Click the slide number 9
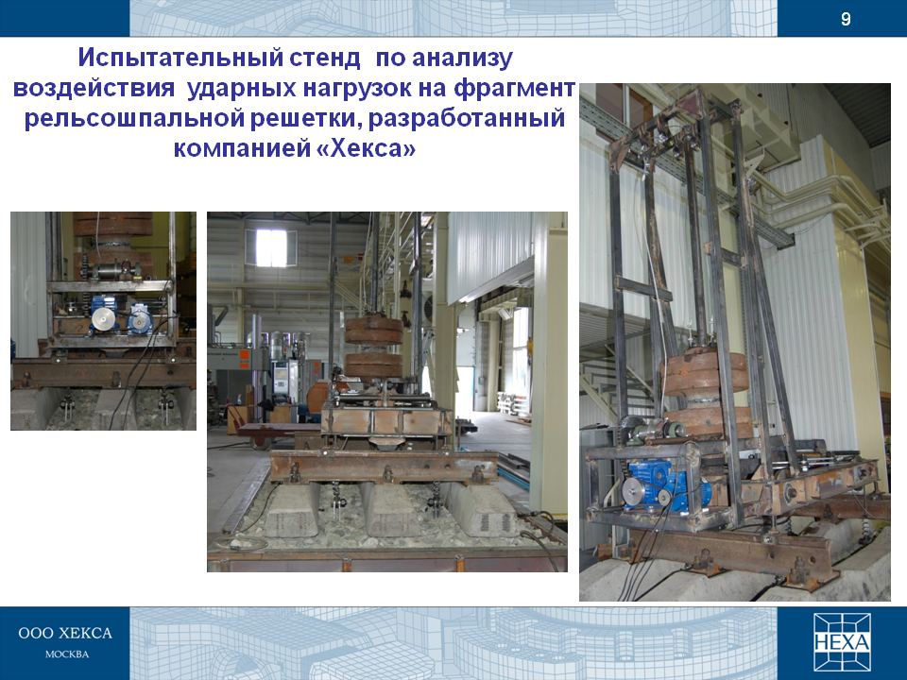click(846, 20)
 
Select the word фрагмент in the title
click(514, 89)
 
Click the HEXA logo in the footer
click(842, 642)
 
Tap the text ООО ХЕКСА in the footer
click(65, 633)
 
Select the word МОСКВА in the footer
click(67, 654)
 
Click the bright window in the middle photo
click(271, 248)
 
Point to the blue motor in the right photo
click(665, 489)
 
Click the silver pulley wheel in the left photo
click(103, 318)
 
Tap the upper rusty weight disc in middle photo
click(374, 329)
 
